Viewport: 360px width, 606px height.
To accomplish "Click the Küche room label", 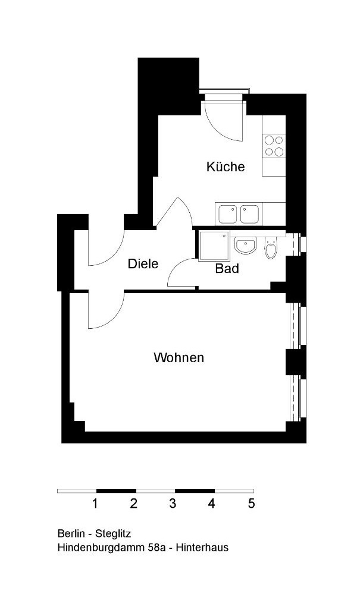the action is tap(226, 167).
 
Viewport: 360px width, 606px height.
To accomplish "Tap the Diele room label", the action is tap(143, 264).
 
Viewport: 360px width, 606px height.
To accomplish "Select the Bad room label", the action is tap(227, 268).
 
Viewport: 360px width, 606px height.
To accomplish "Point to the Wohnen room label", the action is tap(179, 357).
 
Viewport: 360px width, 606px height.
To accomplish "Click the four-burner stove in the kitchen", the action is tap(274, 146).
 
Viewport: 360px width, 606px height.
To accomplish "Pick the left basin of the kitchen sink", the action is tap(227, 214).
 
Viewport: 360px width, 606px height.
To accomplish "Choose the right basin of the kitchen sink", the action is tap(249, 214).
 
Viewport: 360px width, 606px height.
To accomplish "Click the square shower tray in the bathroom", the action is tap(214, 246).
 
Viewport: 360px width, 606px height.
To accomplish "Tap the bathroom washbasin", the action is tap(246, 246).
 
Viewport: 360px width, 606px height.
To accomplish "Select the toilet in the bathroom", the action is tap(271, 248).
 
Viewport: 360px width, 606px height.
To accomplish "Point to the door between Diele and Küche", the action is tap(174, 212).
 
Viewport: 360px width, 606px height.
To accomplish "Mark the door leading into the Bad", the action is tap(181, 272).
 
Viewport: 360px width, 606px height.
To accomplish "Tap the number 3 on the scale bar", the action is tap(173, 504).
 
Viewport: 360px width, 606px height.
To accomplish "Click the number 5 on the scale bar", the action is tap(251, 504).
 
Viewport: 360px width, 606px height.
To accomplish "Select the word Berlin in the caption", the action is tap(71, 533).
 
